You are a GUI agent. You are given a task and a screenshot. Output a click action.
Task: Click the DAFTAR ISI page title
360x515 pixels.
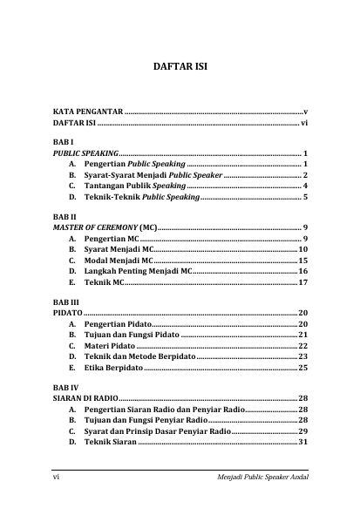point(180,66)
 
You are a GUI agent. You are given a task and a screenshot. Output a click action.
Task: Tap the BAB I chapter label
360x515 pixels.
point(61,141)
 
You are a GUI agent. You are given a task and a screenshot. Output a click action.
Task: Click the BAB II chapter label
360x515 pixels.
point(64,215)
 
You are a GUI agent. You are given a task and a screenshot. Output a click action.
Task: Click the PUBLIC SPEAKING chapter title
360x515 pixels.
point(85,152)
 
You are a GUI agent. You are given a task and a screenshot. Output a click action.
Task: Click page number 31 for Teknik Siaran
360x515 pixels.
point(302,442)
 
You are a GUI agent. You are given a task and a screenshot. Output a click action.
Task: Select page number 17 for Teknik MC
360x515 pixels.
point(302,283)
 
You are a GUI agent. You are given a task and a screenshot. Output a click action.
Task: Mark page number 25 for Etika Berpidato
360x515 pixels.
point(302,368)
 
